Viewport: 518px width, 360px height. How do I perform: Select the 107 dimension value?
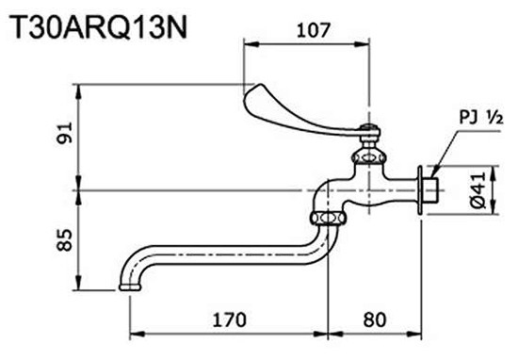point(310,29)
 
